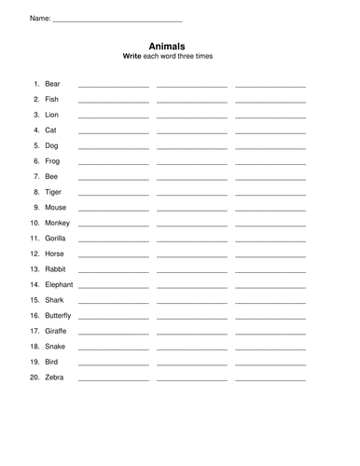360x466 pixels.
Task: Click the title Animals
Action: tap(167, 45)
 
